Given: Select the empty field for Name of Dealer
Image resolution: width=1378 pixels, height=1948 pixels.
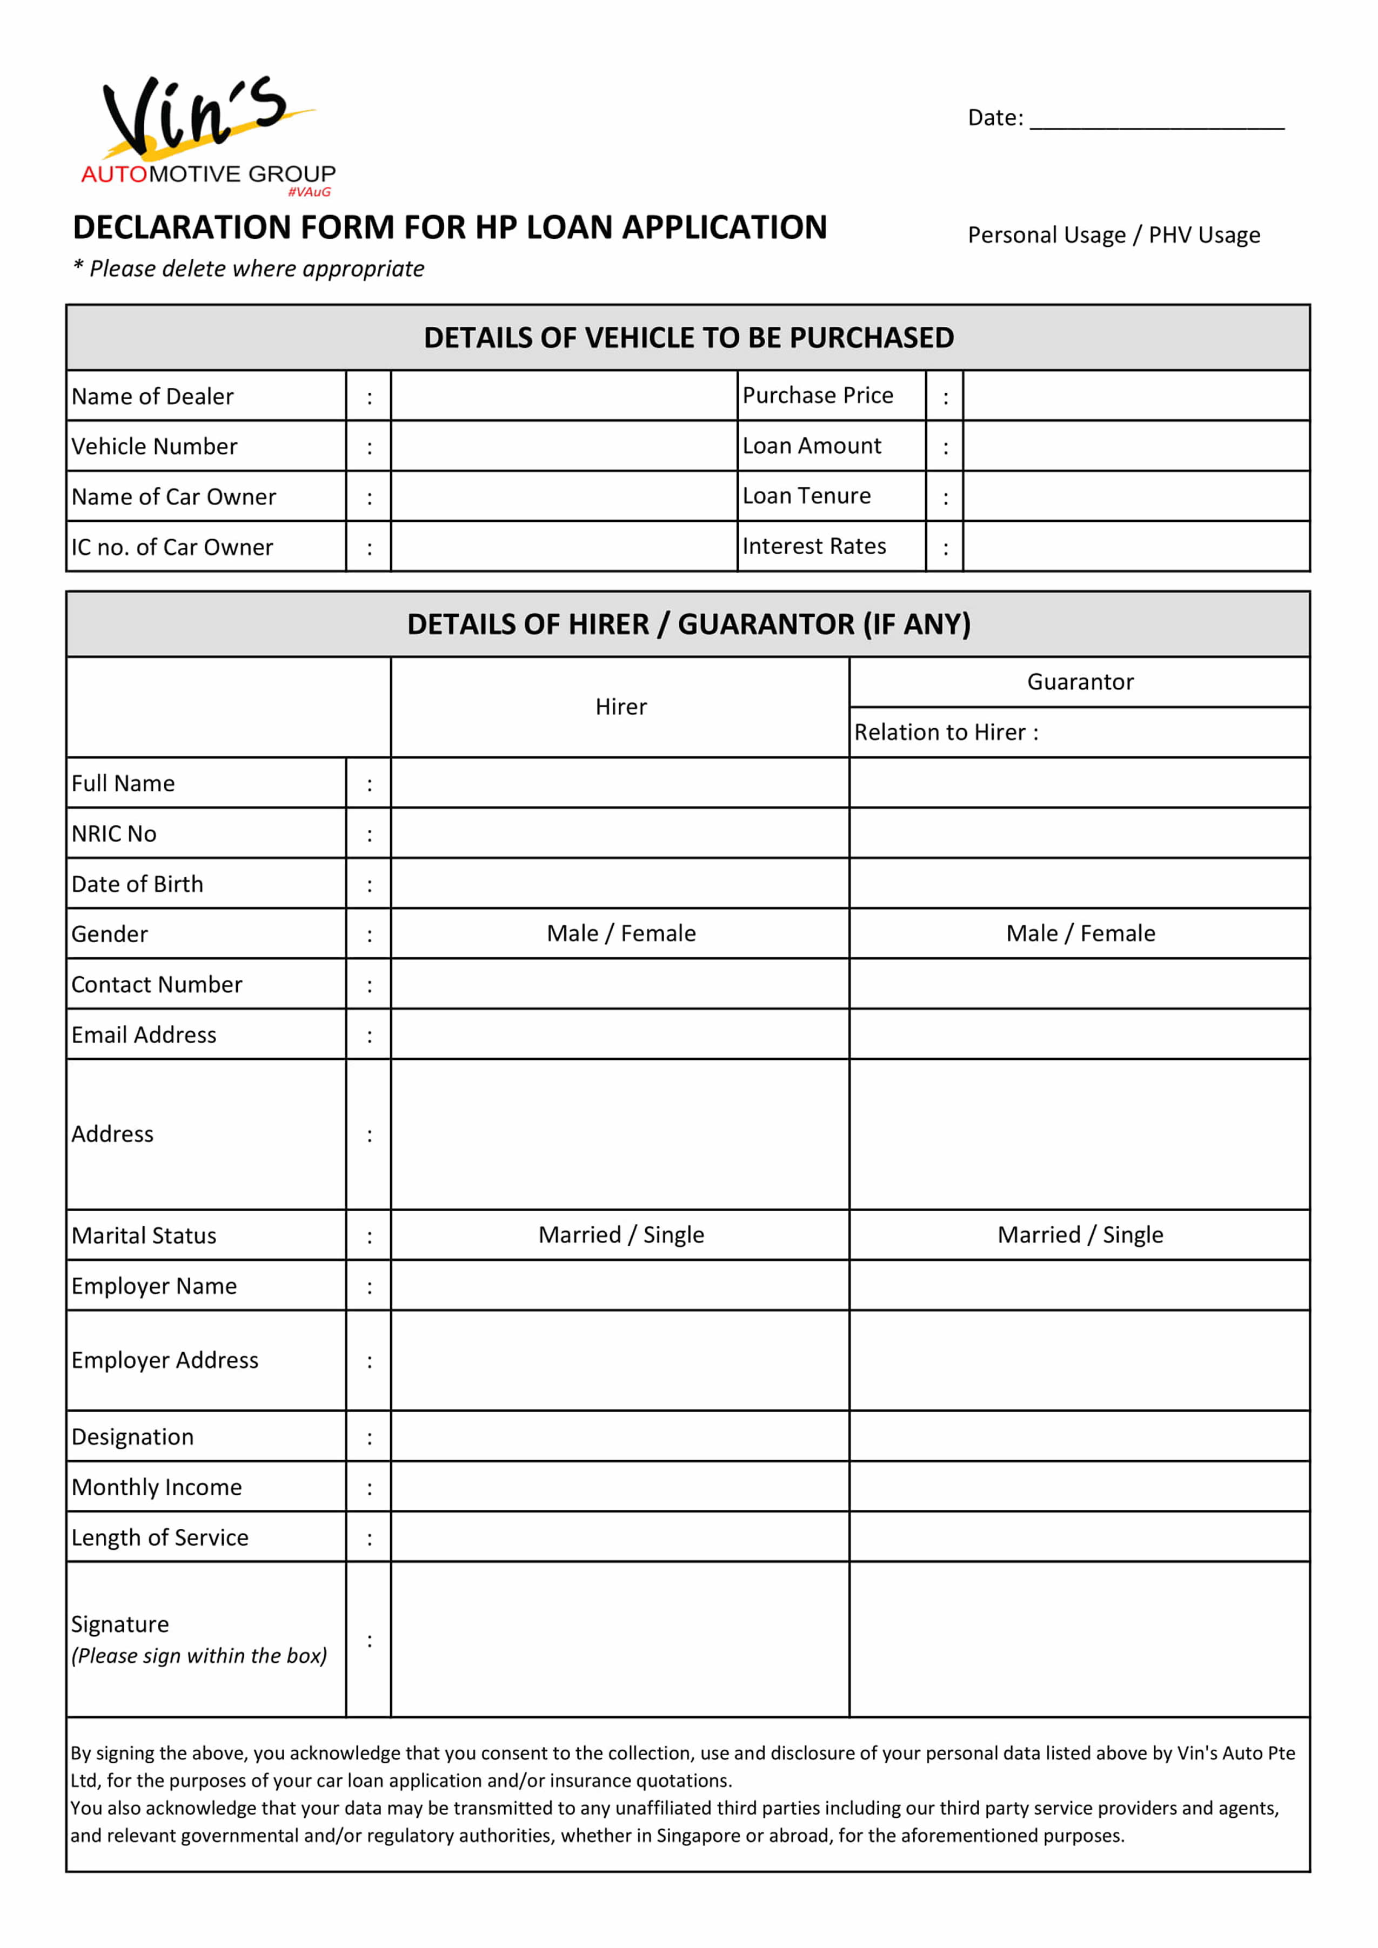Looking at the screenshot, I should pos(564,396).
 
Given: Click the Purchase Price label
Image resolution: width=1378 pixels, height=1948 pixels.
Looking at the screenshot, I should pos(818,395).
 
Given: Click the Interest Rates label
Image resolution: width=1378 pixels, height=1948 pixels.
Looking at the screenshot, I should pos(814,546).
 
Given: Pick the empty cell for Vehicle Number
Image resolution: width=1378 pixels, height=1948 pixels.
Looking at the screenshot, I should pos(564,446).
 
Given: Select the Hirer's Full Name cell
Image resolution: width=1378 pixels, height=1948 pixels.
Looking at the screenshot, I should pos(620,783).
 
